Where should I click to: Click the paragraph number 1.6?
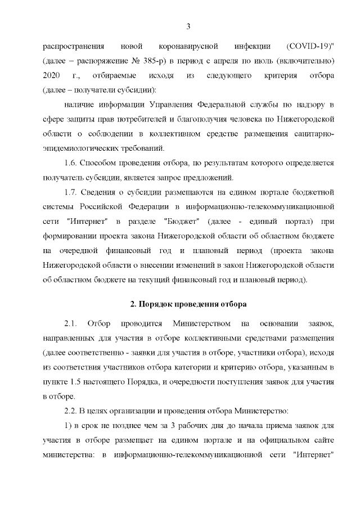pyautogui.click(x=71, y=164)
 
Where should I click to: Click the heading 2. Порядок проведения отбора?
pyautogui.click(x=188, y=304)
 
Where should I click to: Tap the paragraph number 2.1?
pyautogui.click(x=71, y=324)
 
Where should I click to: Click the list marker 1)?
pyautogui.click(x=68, y=426)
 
